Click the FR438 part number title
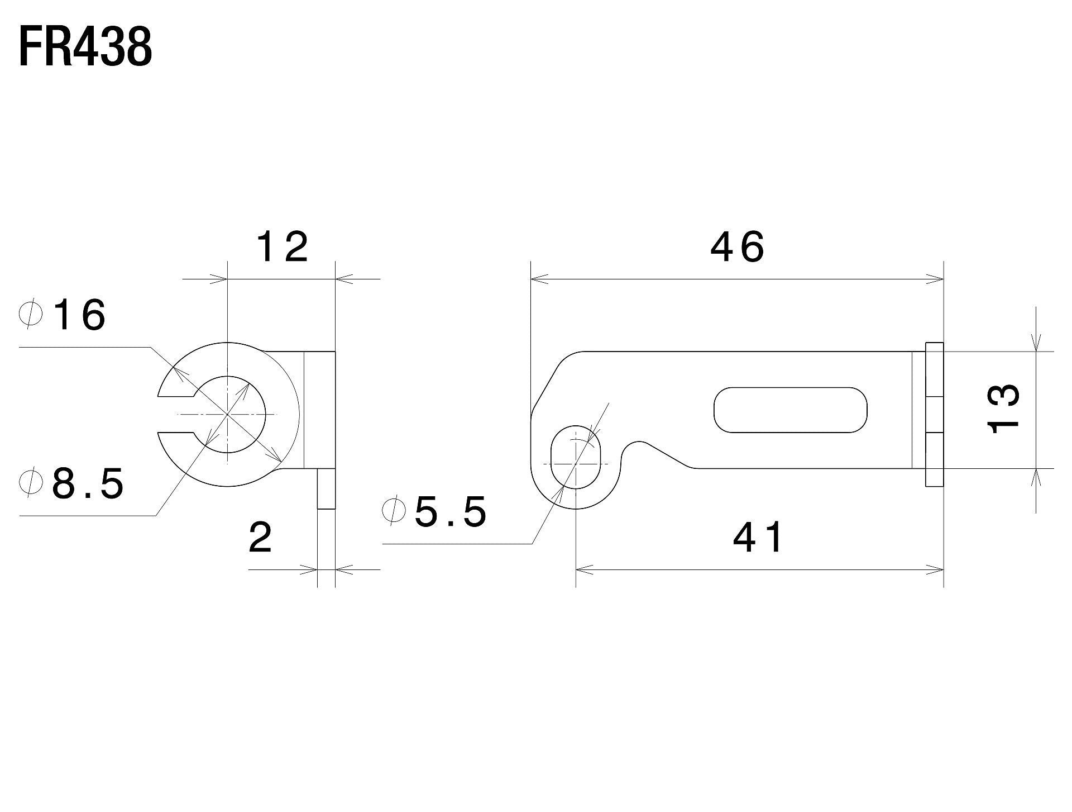85,49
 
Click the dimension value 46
737,248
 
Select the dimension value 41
758,538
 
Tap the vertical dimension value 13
1004,409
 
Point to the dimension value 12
282,248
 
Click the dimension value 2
260,538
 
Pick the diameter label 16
79,315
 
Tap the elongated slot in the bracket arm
791,410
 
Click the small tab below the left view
327,488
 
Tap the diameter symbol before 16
31,315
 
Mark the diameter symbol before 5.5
393,510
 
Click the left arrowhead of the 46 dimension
538,278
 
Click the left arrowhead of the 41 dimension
583,570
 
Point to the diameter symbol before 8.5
31,483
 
